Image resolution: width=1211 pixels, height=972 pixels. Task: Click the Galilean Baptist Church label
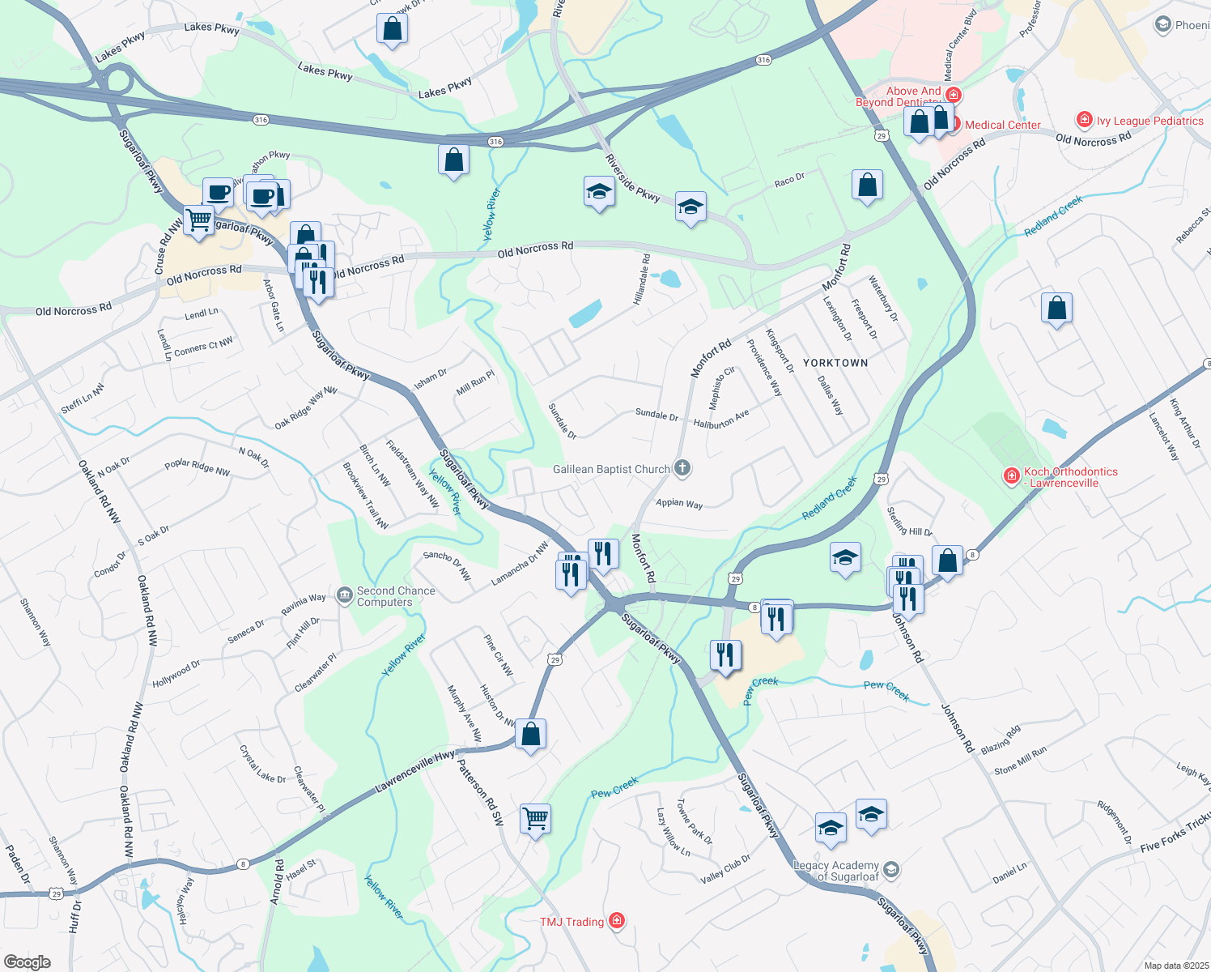(611, 469)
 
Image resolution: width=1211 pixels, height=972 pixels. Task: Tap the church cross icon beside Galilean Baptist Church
(682, 467)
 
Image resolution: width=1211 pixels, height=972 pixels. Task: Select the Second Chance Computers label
(396, 596)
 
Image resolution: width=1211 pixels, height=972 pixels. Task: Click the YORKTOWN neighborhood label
(835, 363)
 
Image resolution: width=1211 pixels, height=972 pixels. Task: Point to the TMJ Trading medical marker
(617, 921)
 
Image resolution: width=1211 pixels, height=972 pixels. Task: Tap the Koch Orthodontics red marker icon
(1011, 476)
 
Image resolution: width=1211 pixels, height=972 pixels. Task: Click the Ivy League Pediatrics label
(1149, 121)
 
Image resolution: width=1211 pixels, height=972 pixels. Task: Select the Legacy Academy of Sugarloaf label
(836, 871)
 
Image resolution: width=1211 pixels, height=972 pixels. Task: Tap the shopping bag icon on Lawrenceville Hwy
(530, 734)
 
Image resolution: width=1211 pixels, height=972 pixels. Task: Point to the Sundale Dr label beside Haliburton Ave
(656, 415)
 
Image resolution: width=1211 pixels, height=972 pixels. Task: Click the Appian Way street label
(679, 503)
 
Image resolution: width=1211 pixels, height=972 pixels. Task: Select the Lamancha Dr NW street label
(520, 565)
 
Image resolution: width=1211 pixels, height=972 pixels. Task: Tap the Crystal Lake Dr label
(262, 765)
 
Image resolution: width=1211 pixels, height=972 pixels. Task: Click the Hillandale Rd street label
(642, 279)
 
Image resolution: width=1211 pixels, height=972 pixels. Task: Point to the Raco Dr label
(789, 181)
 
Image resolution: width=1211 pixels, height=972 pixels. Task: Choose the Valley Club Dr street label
(725, 869)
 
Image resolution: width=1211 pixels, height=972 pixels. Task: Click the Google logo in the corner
(27, 962)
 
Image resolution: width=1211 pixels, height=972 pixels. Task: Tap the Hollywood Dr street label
(176, 674)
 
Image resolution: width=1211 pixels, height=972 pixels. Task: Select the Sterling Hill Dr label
(910, 521)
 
